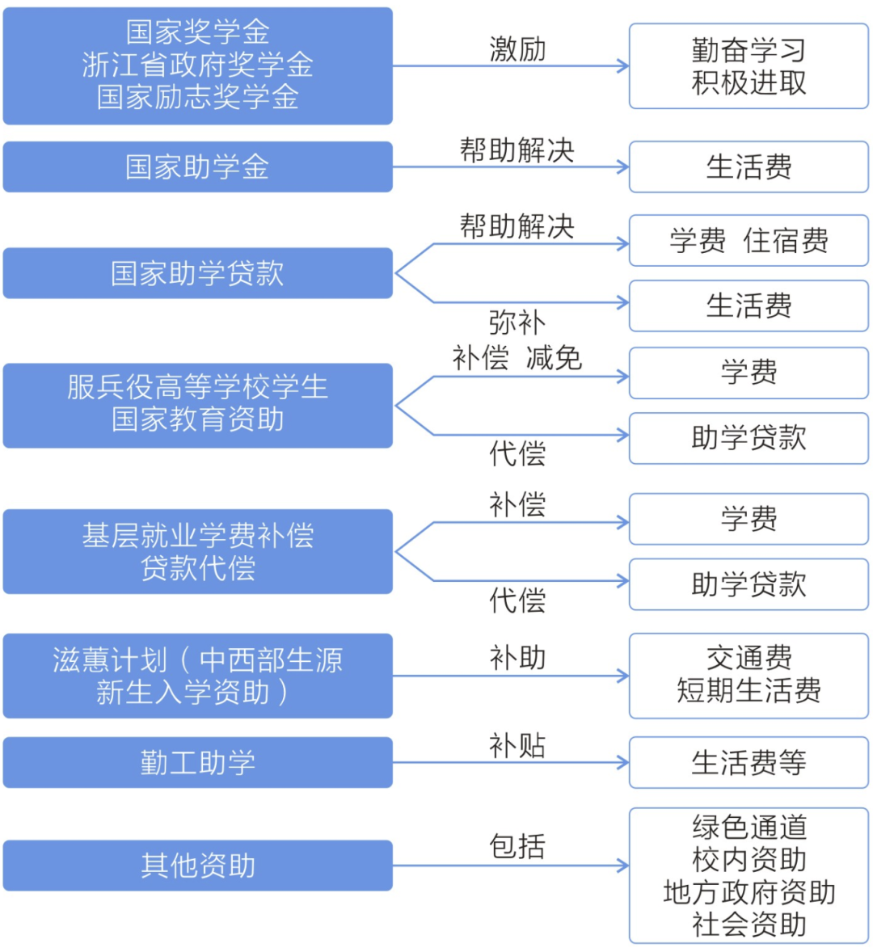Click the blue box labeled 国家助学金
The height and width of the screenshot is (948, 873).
[x=197, y=167]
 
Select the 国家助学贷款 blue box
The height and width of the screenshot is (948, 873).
[x=197, y=273]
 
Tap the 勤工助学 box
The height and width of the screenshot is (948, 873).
[x=197, y=762]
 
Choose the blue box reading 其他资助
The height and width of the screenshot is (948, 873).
[x=197, y=866]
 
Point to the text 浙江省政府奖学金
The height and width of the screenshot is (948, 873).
[x=197, y=65]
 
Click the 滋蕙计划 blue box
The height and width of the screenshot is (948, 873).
[x=197, y=676]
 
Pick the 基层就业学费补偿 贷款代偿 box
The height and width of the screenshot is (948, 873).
[x=197, y=551]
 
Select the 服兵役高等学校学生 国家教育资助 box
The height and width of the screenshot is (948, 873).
[x=197, y=404]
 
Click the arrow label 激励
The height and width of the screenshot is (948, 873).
[x=517, y=49]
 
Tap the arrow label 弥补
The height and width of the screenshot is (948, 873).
[x=517, y=323]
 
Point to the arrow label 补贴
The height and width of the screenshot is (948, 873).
[x=517, y=745]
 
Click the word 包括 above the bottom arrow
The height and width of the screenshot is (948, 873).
[x=517, y=847]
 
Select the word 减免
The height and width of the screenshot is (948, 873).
[x=554, y=357]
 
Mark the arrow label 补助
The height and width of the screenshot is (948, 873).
[x=517, y=658]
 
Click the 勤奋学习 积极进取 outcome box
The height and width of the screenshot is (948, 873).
[x=749, y=66]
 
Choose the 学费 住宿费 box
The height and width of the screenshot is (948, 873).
[x=749, y=241]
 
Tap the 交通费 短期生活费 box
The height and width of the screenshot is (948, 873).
[x=749, y=676]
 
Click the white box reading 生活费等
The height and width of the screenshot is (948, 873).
[x=749, y=762]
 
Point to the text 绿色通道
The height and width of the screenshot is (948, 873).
[x=749, y=827]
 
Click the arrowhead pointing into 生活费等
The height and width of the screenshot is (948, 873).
[x=623, y=762]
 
